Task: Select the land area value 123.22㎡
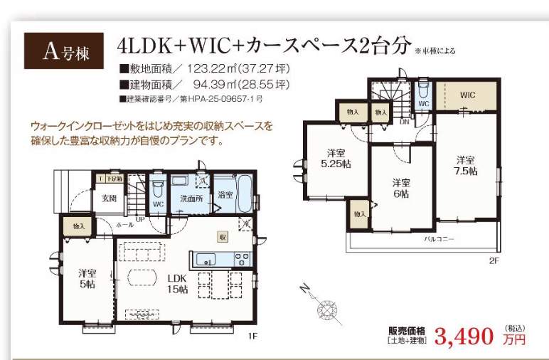click(214, 70)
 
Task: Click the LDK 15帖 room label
click(176, 283)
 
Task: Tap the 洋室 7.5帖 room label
click(466, 165)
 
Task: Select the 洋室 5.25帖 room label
click(336, 158)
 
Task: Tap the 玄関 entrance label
click(109, 198)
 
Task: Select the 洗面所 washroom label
click(191, 198)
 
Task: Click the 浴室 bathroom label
click(226, 194)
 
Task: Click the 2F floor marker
click(494, 260)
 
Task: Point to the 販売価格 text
click(406, 330)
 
